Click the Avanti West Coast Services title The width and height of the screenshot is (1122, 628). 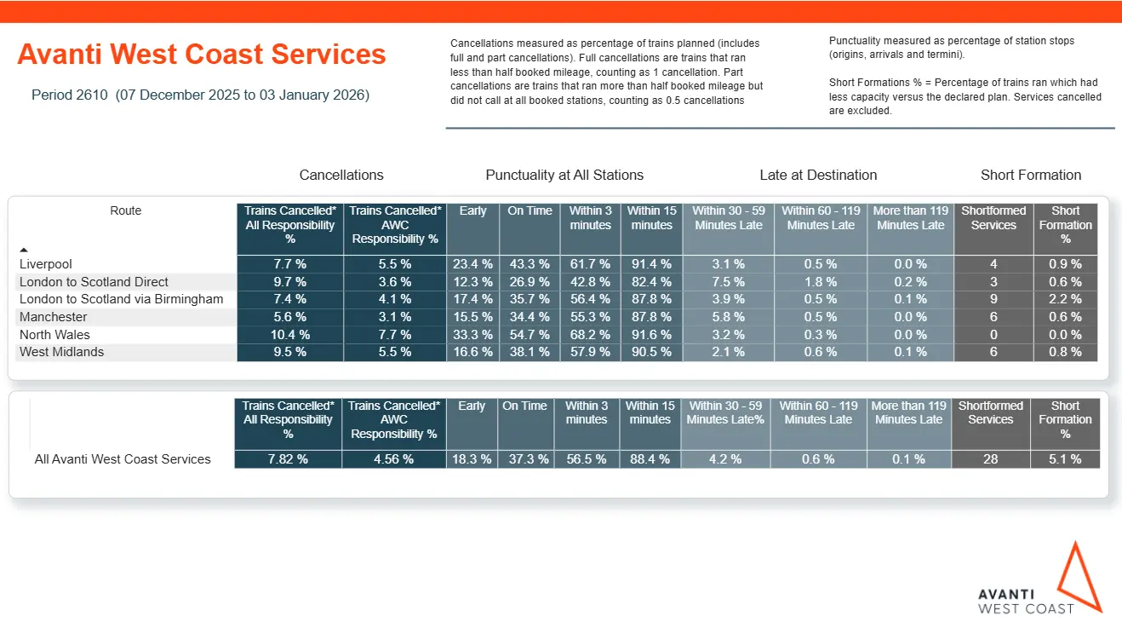point(202,55)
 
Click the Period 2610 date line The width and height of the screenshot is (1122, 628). point(200,95)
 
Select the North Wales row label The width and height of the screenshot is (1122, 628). point(54,335)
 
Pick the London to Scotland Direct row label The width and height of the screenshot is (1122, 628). point(94,282)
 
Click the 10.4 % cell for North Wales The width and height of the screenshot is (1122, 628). point(289,335)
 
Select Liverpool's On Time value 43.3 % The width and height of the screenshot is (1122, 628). point(529,264)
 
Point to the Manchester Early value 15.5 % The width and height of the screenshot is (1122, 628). point(472,317)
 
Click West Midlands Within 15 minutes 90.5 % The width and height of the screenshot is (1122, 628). point(650,352)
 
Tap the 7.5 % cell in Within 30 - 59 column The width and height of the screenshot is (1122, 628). point(728,282)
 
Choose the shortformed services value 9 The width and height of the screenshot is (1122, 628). point(993,299)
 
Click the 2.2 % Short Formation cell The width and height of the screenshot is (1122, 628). point(1065,299)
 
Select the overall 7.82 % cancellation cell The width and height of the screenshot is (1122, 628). point(288,459)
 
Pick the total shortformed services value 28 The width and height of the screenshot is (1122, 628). point(990,459)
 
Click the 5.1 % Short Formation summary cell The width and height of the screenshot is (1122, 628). point(1065,459)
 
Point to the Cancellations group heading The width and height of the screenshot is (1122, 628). point(341,175)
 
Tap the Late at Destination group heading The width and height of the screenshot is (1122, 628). point(818,175)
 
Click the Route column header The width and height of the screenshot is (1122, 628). point(126,210)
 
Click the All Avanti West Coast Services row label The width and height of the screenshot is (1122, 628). point(123,459)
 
